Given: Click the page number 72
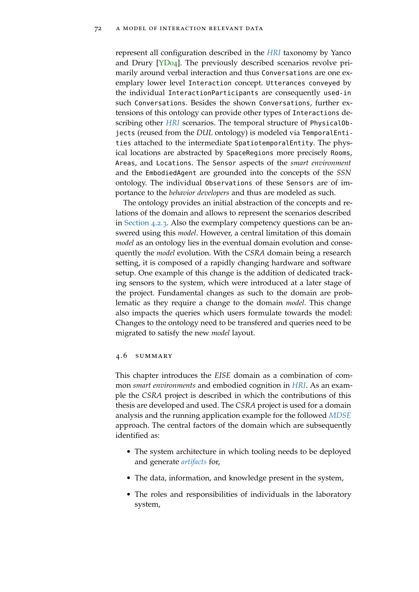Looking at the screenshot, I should (x=98, y=29).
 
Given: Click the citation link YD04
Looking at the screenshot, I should (x=168, y=63).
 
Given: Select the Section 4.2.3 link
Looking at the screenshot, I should (x=145, y=223).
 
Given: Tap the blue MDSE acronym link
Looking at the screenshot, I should (x=340, y=415).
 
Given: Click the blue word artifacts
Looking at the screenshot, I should (x=194, y=462).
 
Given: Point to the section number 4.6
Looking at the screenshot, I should (x=121, y=356).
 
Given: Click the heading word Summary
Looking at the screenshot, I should (x=154, y=356).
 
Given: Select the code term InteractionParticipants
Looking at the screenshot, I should (x=213, y=93).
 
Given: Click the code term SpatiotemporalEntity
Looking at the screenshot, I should (x=274, y=143).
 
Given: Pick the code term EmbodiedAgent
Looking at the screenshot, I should (x=171, y=173).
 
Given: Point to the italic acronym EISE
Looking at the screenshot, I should (x=222, y=375).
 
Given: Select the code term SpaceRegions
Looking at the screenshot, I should (x=250, y=153).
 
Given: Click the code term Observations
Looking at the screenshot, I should (x=228, y=183).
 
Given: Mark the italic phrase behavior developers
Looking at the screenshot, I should (x=199, y=193).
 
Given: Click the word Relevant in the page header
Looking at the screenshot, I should (x=226, y=29).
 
